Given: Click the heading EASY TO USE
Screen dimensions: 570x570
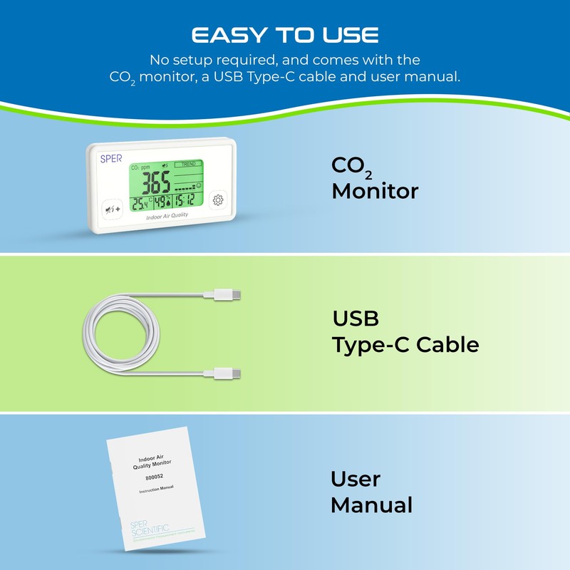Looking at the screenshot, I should [284, 36].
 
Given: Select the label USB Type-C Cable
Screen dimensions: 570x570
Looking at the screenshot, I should [405, 331].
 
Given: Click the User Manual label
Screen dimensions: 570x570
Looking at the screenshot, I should [371, 492].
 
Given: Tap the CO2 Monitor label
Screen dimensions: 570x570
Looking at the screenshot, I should [375, 177].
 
